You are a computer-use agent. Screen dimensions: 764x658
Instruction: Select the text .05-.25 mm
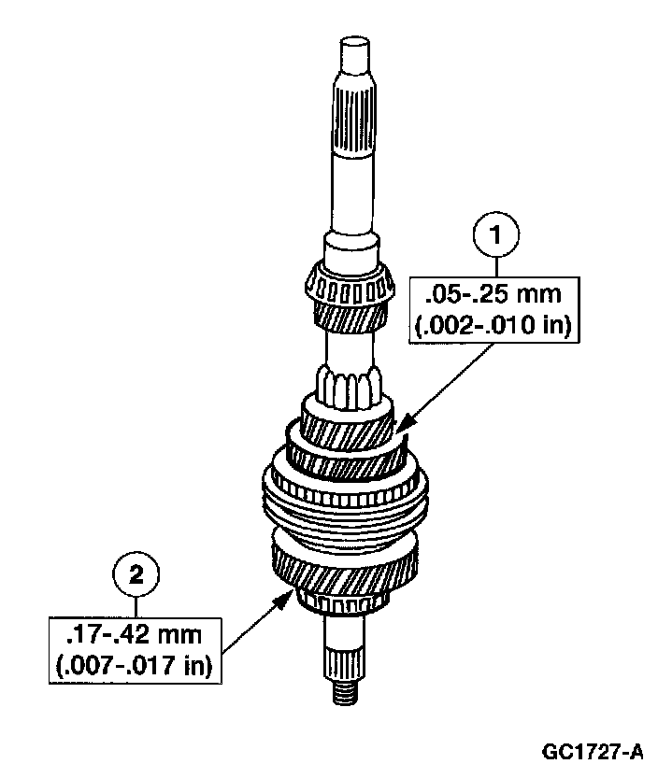[x=493, y=297]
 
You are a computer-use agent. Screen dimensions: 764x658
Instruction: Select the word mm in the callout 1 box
[x=544, y=297]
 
